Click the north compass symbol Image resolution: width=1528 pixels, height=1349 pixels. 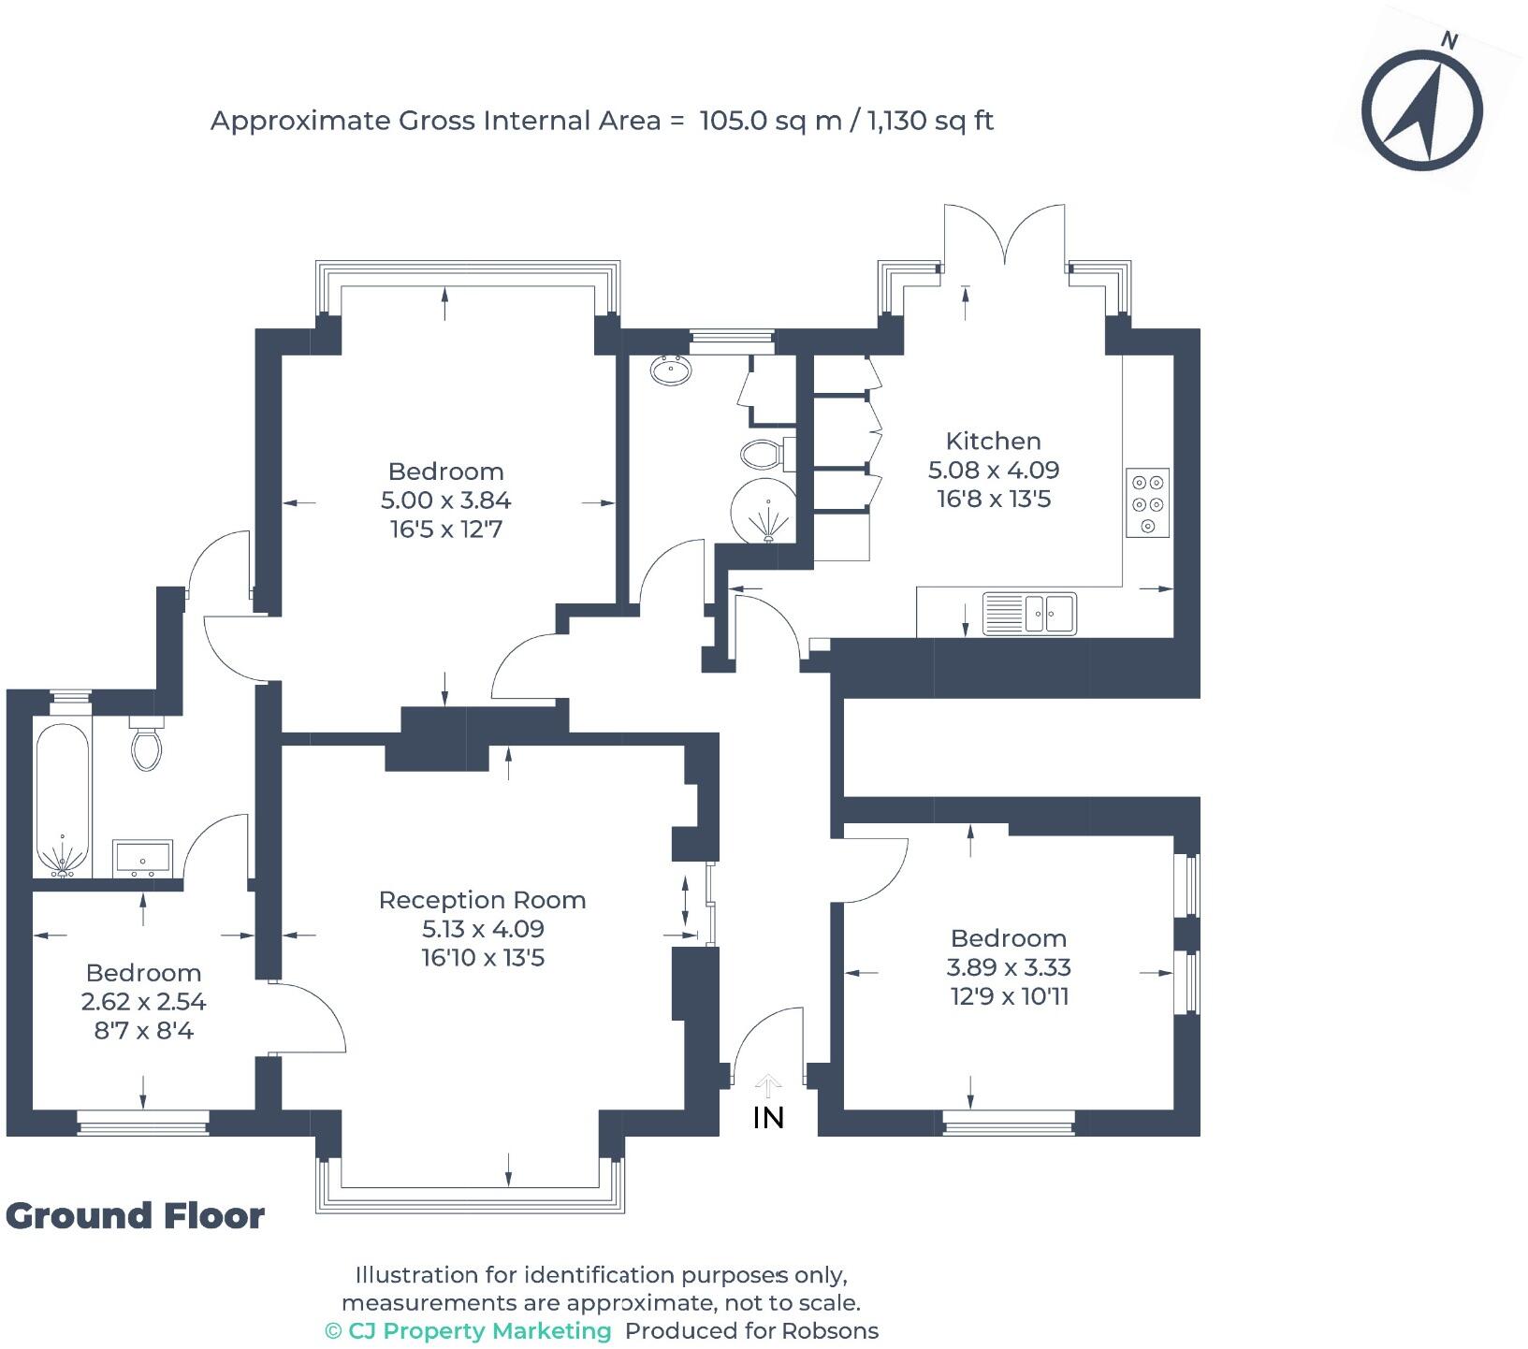(1421, 110)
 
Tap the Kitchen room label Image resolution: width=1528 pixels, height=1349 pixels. (993, 441)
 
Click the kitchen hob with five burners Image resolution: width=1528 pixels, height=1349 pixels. (1148, 503)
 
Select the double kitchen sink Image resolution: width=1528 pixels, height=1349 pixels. (1029, 614)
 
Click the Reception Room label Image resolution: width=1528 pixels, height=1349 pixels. (482, 900)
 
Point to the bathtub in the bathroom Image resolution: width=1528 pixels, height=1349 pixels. (63, 800)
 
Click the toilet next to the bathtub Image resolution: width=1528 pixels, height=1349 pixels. (146, 745)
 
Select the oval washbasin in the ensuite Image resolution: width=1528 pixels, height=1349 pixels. (671, 371)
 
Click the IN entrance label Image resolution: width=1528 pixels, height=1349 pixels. (768, 1118)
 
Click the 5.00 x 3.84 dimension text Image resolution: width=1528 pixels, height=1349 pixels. (445, 500)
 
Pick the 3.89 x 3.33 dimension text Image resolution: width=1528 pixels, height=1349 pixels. (1009, 967)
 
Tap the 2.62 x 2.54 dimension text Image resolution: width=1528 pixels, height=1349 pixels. (143, 1002)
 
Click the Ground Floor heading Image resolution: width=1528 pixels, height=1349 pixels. (136, 1216)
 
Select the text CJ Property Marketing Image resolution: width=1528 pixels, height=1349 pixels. (479, 1331)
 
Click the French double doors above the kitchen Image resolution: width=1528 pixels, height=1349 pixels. (1004, 239)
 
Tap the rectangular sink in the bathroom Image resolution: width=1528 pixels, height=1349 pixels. (142, 859)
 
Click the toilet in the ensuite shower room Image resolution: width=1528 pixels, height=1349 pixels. (764, 456)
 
